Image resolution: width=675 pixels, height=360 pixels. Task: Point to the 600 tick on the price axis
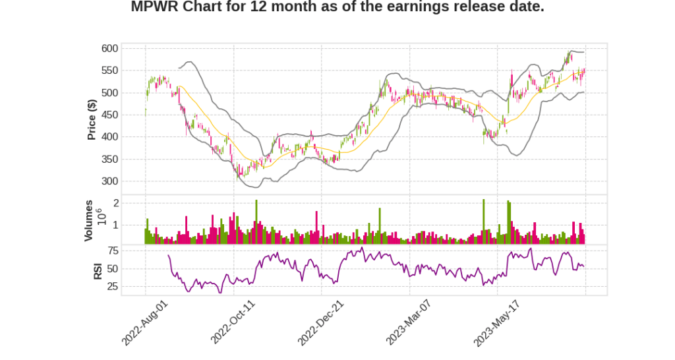(x=110, y=48)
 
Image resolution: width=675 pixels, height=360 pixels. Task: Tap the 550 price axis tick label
(x=110, y=71)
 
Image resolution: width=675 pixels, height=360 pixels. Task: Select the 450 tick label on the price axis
(x=110, y=115)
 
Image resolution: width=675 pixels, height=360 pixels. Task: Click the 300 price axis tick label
(x=110, y=181)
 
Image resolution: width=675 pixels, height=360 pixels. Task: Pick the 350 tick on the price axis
(x=110, y=159)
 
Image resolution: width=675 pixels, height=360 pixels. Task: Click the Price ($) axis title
(x=92, y=119)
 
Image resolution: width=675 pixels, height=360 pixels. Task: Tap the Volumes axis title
(x=88, y=220)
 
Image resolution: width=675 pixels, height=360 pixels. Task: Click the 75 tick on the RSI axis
(x=113, y=251)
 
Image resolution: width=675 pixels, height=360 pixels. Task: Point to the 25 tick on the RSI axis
(x=113, y=287)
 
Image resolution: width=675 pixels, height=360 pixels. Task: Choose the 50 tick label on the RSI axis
(x=113, y=269)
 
